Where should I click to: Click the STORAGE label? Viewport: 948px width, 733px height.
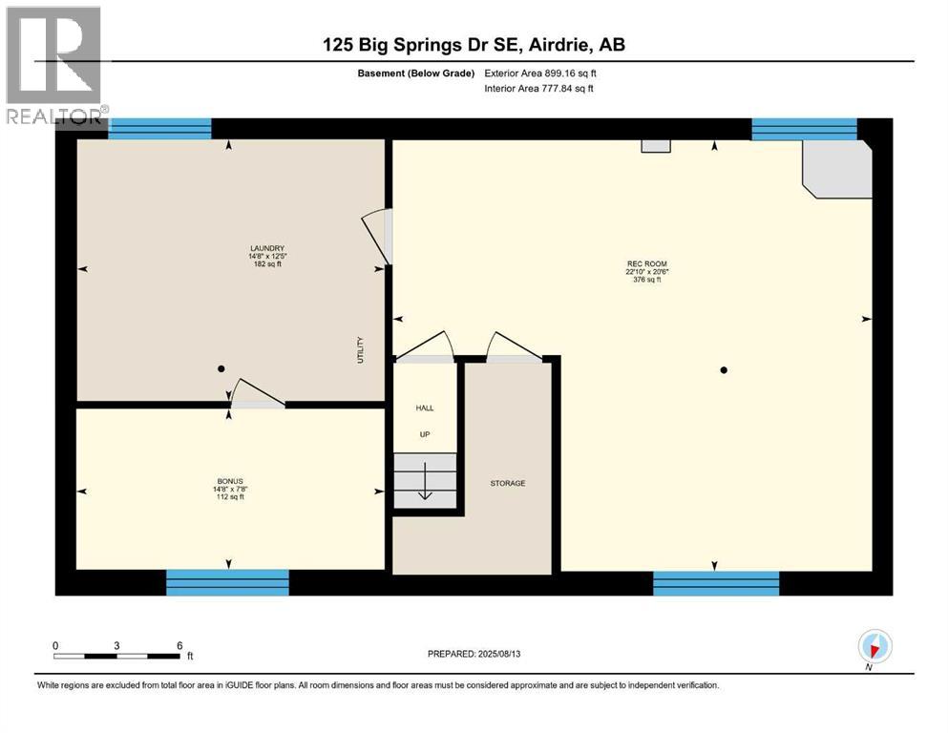pyautogui.click(x=508, y=484)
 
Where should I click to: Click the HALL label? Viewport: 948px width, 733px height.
pyautogui.click(x=425, y=408)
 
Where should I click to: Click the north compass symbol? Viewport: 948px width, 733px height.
pyautogui.click(x=874, y=646)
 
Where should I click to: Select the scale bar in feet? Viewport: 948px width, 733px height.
pyautogui.click(x=116, y=656)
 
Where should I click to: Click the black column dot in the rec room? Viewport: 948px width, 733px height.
pyautogui.click(x=724, y=370)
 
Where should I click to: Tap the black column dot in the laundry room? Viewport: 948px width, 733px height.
pyautogui.click(x=221, y=368)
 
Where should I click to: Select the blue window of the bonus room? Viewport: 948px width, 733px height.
pyautogui.click(x=227, y=582)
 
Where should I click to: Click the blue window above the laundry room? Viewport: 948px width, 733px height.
pyautogui.click(x=159, y=129)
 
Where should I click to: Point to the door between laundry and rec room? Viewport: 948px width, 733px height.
pyautogui.click(x=378, y=236)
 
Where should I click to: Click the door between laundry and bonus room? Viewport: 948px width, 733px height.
pyautogui.click(x=255, y=394)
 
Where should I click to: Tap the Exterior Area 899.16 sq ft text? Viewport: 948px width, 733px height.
pyautogui.click(x=541, y=73)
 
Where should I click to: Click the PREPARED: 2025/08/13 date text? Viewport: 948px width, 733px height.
pyautogui.click(x=474, y=654)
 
